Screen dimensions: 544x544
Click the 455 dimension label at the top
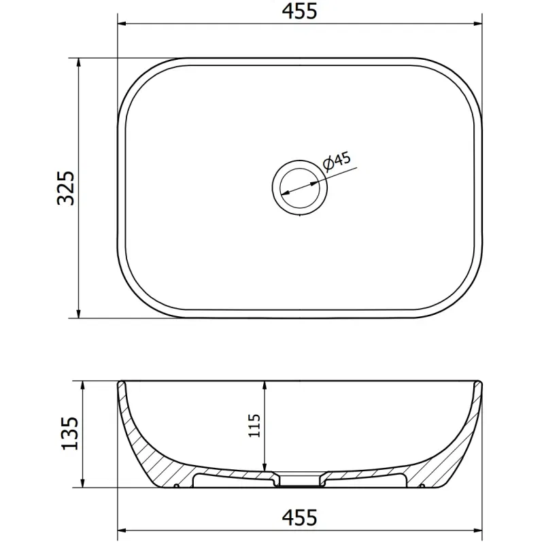tap(299, 11)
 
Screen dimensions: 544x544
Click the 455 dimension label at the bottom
tap(299, 517)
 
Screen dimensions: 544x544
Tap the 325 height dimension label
tap(65, 188)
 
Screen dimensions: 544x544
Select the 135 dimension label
tap(70, 434)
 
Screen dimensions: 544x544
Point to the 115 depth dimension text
tap(254, 426)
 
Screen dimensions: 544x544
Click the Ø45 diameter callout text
tap(337, 161)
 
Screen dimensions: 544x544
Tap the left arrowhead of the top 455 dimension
tap(122, 24)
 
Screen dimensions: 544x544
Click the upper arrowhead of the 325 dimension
tap(79, 63)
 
